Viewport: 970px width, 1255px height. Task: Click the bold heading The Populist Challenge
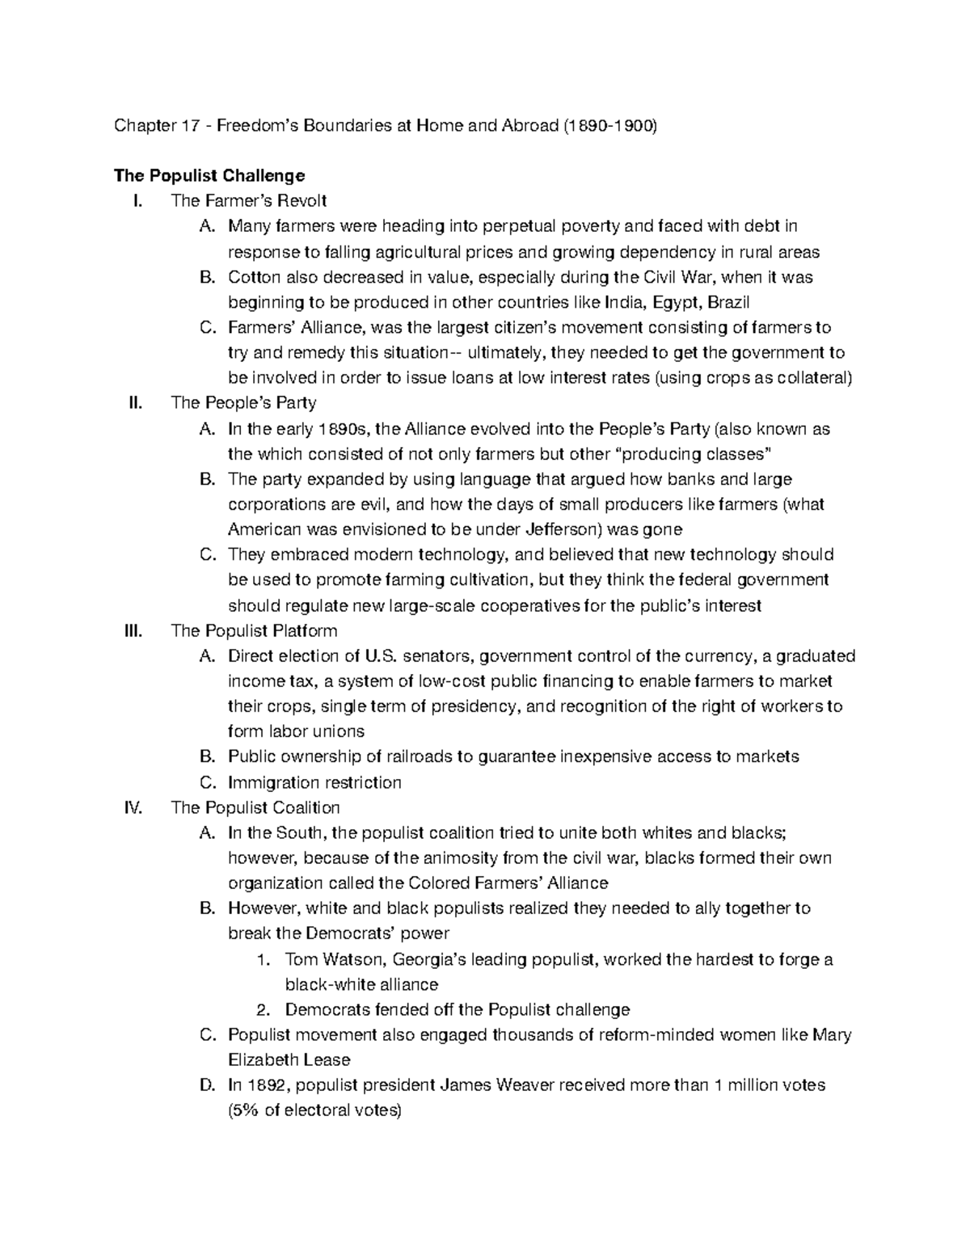(209, 175)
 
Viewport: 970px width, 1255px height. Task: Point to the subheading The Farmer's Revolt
(249, 201)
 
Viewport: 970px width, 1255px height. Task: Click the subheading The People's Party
(243, 402)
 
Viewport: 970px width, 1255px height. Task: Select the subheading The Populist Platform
(254, 630)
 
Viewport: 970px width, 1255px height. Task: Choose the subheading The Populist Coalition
(255, 807)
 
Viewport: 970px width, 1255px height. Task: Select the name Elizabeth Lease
(289, 1059)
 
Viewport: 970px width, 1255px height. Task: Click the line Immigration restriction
(314, 782)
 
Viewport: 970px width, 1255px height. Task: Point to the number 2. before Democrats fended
(262, 1009)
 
